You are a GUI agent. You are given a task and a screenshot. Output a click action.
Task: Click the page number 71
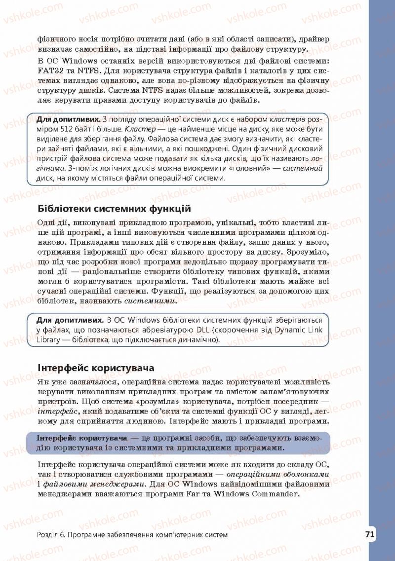coord(370,534)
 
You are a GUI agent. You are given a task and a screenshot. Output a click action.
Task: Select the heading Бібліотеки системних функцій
coord(114,209)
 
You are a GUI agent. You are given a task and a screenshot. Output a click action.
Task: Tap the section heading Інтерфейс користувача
coord(96,368)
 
